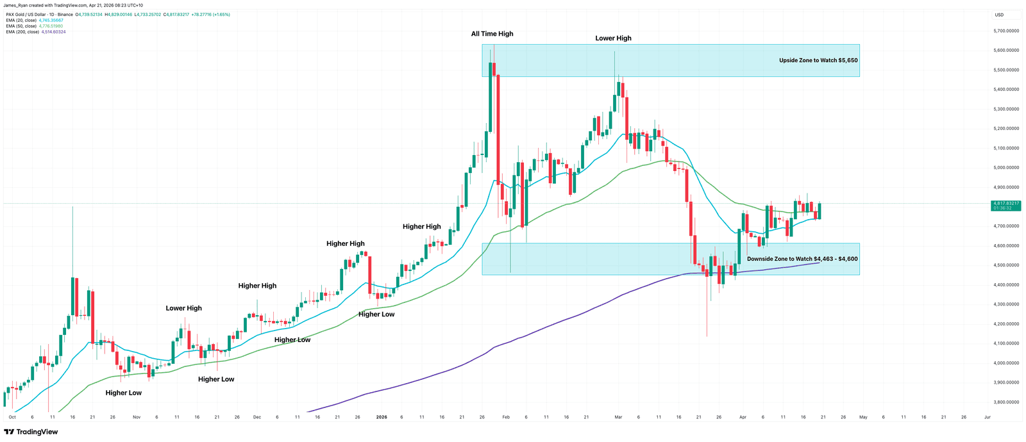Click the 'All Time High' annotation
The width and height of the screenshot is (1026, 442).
[x=492, y=34]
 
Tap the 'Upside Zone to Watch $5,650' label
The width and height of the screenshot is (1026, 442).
[x=818, y=60]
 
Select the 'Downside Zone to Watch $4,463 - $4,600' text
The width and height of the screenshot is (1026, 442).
[x=802, y=259]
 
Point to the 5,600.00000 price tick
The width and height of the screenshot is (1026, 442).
[x=1006, y=50]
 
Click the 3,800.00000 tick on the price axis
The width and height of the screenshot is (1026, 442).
[x=1006, y=402]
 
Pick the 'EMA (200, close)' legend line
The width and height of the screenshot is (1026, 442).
[x=22, y=32]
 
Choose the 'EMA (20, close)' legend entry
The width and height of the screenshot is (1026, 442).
[x=21, y=20]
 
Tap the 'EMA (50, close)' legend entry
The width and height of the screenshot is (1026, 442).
[x=21, y=26]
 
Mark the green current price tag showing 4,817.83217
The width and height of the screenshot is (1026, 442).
[x=1005, y=204]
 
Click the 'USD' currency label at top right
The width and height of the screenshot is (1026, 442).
[x=999, y=15]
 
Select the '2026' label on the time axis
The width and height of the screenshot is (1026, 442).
[x=382, y=417]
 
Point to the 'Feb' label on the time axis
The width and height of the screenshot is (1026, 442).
[x=505, y=417]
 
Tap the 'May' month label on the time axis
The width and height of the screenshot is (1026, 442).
[x=863, y=417]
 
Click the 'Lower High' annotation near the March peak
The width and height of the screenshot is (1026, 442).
[x=613, y=38]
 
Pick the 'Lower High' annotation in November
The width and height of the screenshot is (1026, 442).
[x=183, y=308]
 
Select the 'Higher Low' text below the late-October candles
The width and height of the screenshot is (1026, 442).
[x=124, y=393]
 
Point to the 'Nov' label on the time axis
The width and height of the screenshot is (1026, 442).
[x=137, y=417]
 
